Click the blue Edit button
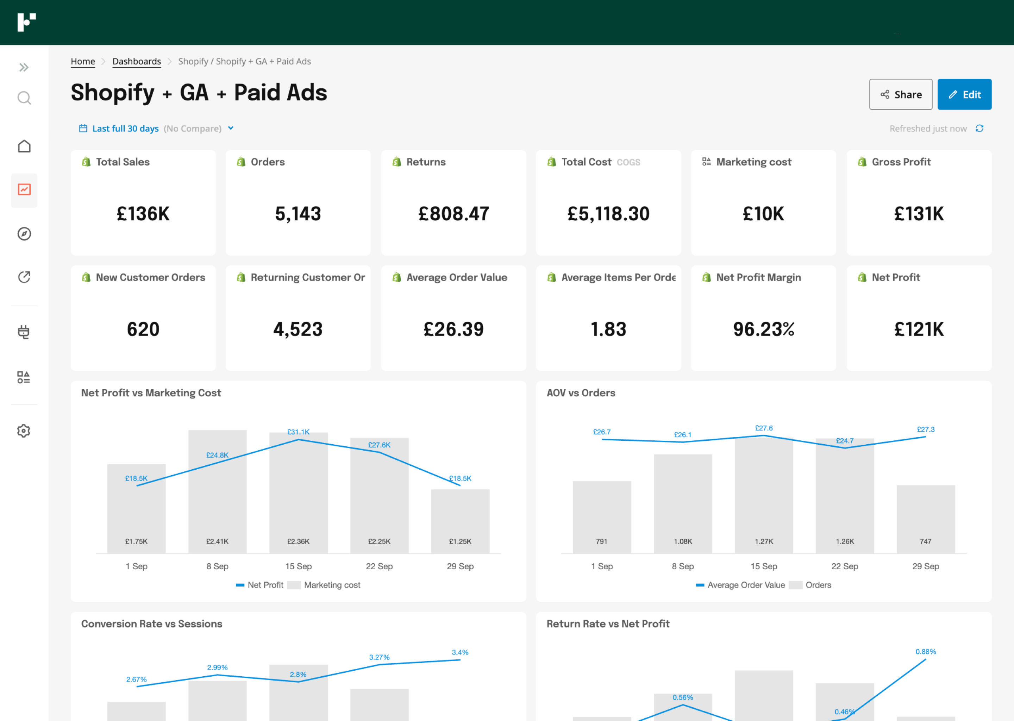coord(964,94)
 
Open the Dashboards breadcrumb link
coord(136,61)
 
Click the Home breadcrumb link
coord(83,61)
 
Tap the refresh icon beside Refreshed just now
coord(979,128)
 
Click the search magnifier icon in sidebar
coord(24,98)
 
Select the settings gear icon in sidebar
coord(24,431)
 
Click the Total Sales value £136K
coord(143,214)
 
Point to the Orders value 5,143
coord(298,214)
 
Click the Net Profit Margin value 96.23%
coord(763,329)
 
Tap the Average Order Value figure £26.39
coord(453,329)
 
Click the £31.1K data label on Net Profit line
coord(298,432)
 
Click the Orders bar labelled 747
coord(925,519)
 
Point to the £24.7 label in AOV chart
coord(844,440)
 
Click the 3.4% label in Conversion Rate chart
coord(460,652)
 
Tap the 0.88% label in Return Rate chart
coord(925,651)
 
